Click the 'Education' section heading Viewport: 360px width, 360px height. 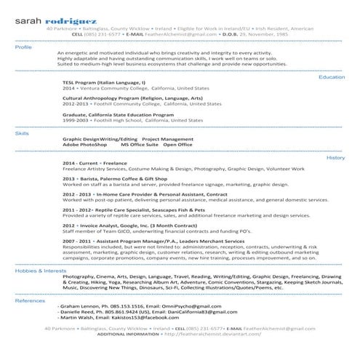click(x=332, y=76)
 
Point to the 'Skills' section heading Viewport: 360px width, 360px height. click(x=22, y=133)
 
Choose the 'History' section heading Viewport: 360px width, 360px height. click(x=335, y=157)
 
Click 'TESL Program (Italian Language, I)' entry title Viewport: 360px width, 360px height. click(x=104, y=83)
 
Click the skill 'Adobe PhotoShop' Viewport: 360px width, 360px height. click(x=85, y=145)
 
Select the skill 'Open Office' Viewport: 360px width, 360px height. click(x=178, y=145)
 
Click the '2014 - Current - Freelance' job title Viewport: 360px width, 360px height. click(x=95, y=163)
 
